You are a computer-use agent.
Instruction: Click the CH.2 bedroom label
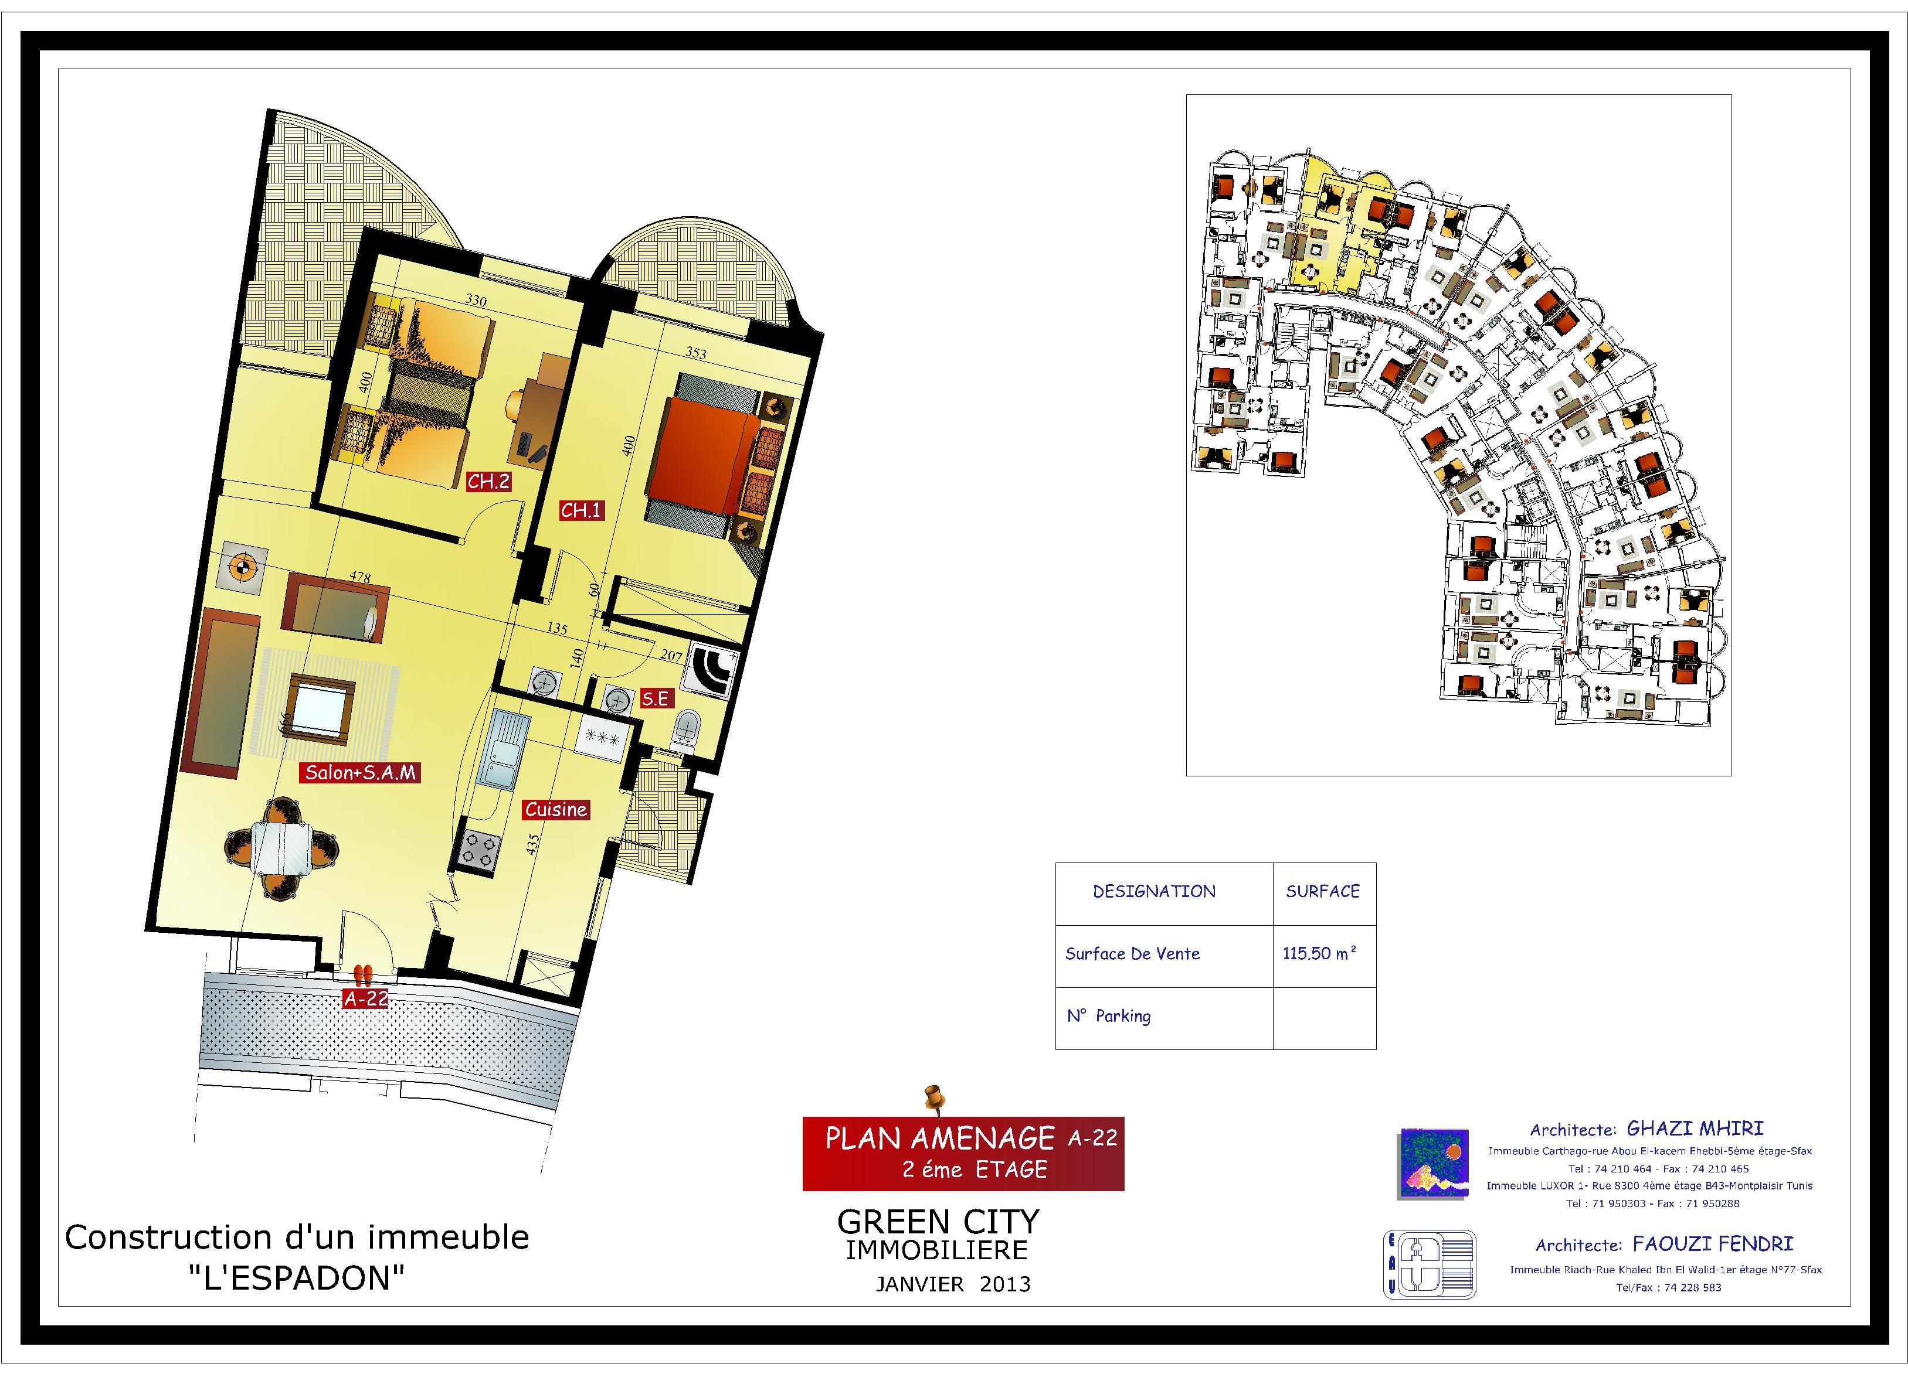(x=489, y=482)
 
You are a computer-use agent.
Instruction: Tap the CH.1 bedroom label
(x=581, y=510)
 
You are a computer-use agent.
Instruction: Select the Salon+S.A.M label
(x=360, y=773)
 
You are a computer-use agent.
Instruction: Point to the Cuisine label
(x=556, y=810)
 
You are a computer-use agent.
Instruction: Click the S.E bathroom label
(x=656, y=699)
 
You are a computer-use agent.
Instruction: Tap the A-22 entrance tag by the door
(x=366, y=999)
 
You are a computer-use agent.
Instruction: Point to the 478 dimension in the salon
(x=360, y=577)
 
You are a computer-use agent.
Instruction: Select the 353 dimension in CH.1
(x=696, y=353)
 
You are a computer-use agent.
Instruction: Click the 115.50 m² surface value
(x=1320, y=953)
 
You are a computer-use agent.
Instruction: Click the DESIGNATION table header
(x=1154, y=891)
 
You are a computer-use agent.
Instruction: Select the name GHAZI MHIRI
(x=1695, y=1128)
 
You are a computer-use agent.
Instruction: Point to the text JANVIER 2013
(x=953, y=1284)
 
